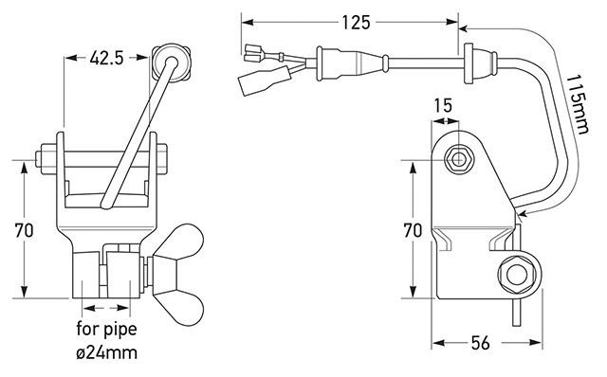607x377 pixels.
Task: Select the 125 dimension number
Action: (352, 20)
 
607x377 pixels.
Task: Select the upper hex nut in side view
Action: (462, 157)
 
